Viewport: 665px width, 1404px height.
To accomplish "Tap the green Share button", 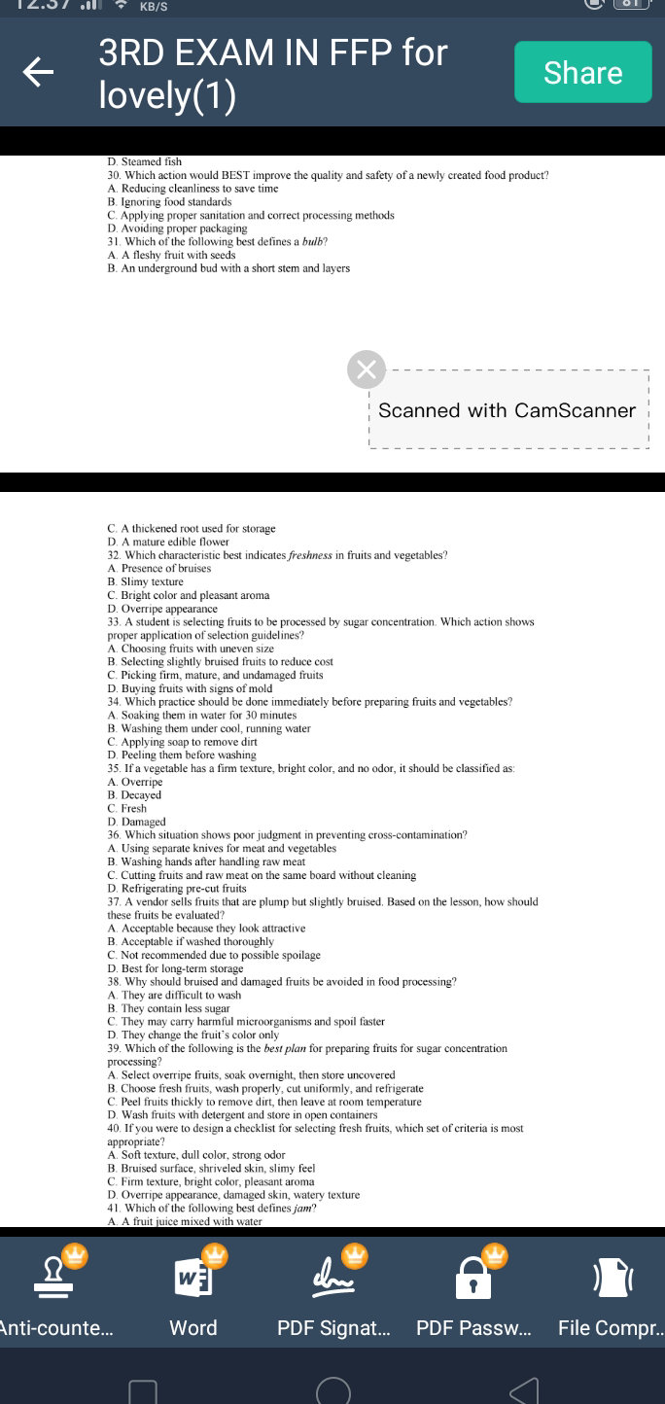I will coord(582,72).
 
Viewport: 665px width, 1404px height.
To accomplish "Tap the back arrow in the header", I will coord(39,72).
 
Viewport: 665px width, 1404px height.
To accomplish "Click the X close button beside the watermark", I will coord(367,369).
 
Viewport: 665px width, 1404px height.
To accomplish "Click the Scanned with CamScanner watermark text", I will coord(507,410).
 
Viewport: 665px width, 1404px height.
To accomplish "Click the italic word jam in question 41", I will coord(303,1209).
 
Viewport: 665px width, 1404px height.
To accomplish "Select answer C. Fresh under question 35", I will coord(127,808).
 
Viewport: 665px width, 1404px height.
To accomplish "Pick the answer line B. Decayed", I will coord(134,795).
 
